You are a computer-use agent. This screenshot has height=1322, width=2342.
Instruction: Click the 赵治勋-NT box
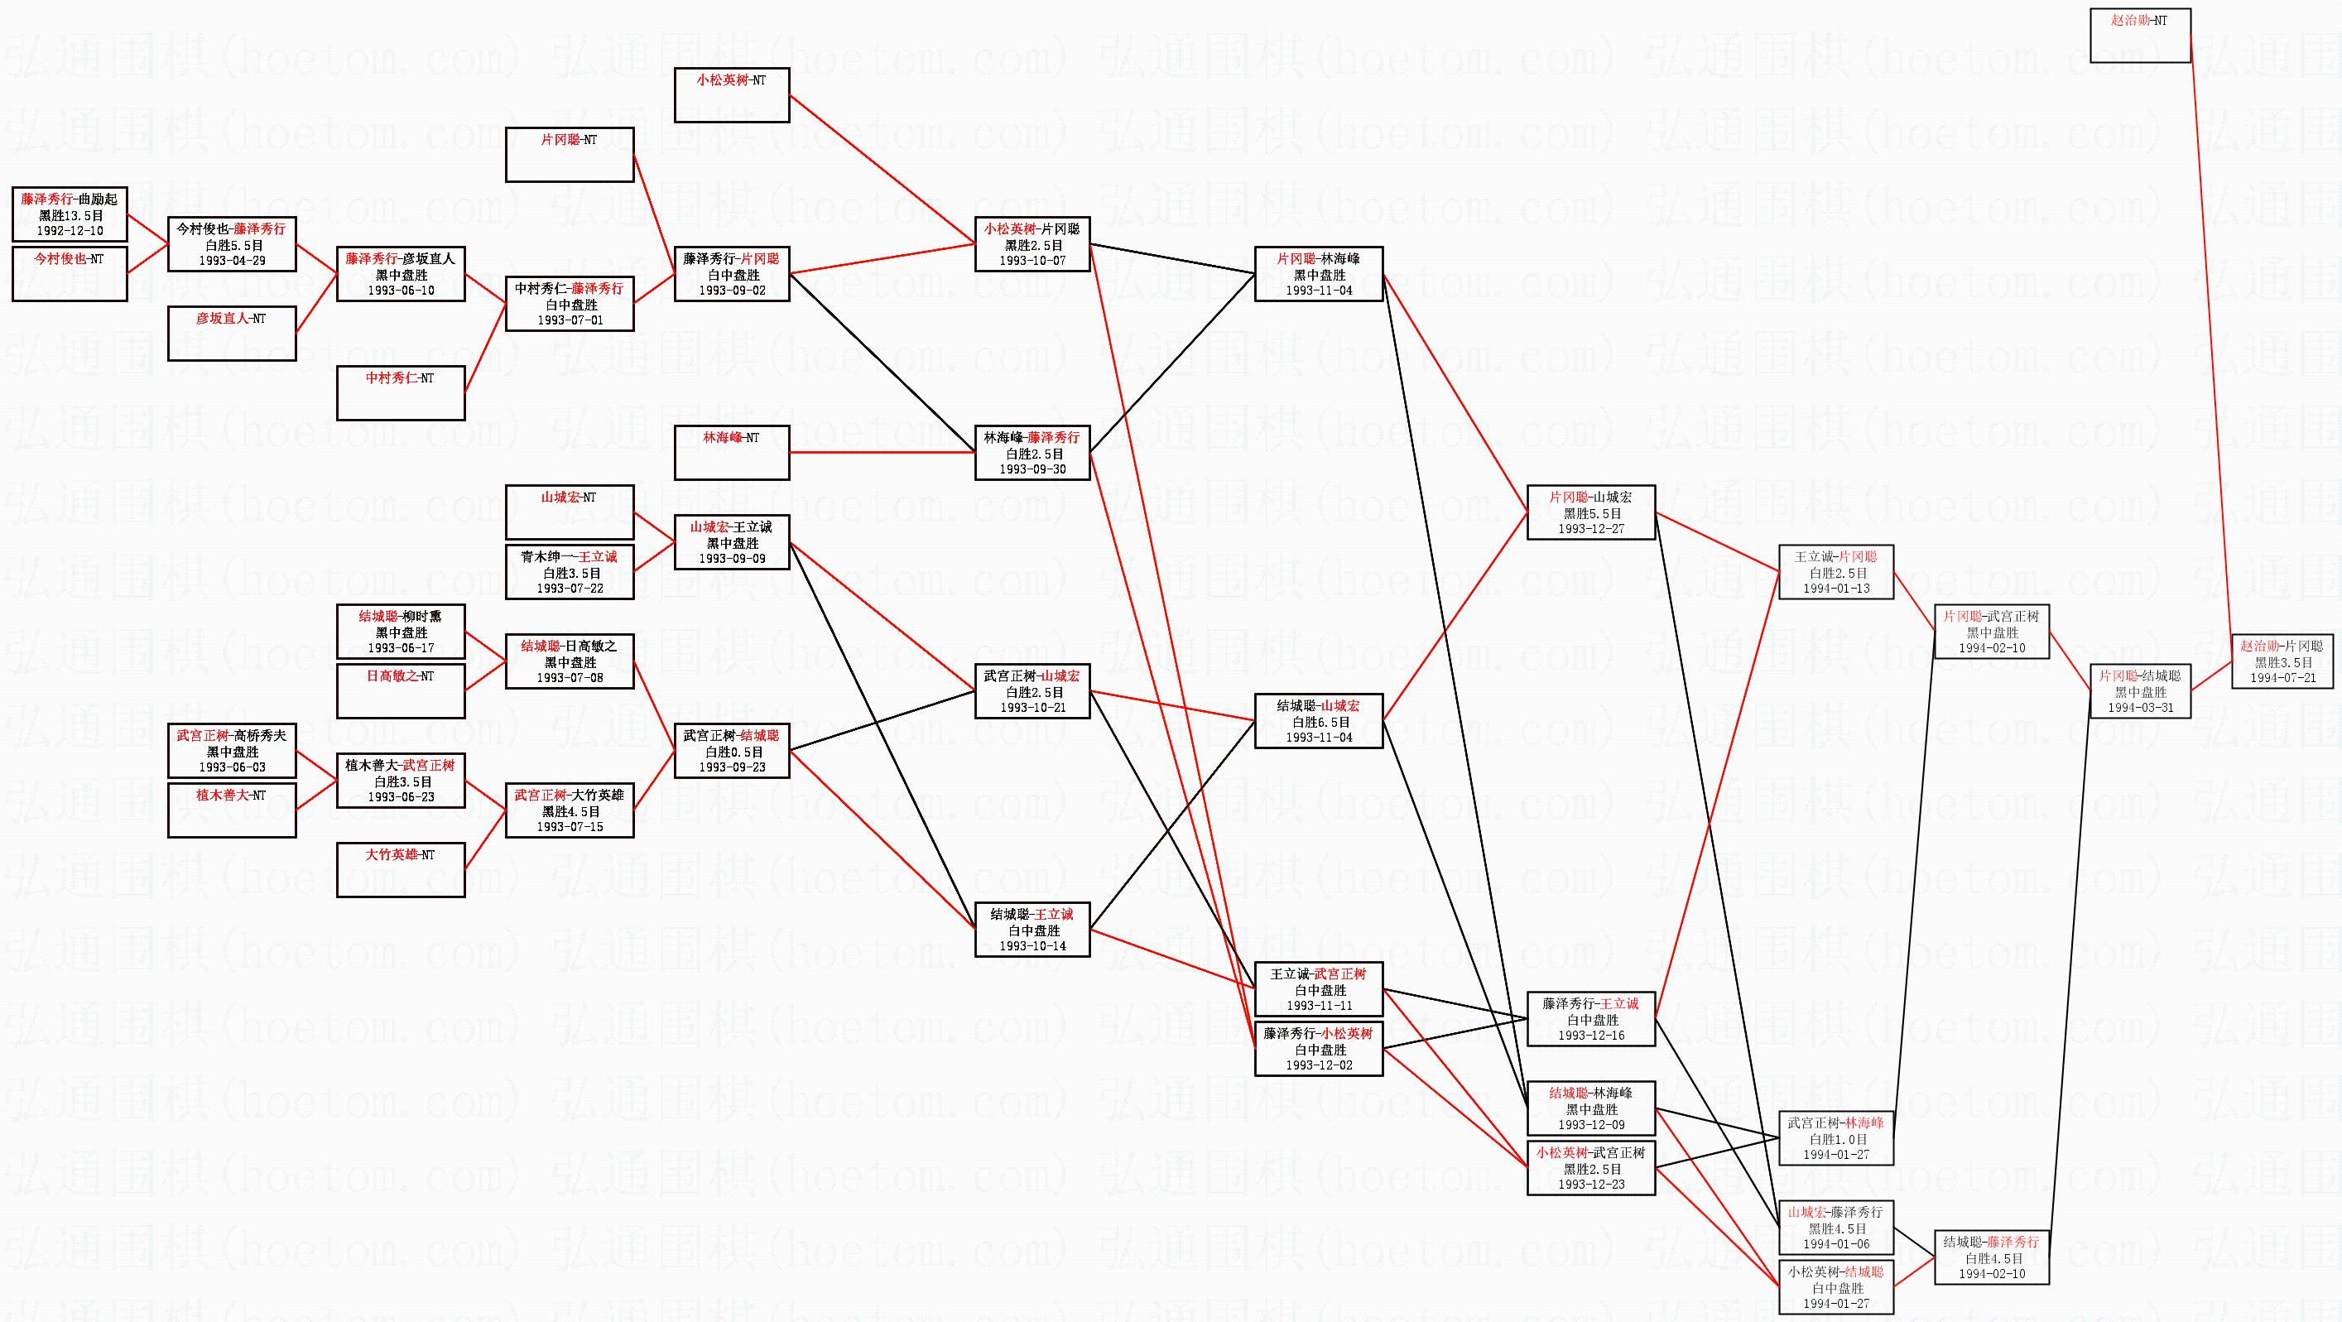tap(2139, 36)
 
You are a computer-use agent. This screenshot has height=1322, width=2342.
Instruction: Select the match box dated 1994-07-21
tap(2282, 662)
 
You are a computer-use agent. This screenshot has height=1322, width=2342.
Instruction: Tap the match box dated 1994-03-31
tap(2139, 691)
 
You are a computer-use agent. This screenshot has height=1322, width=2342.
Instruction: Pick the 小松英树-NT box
tap(731, 94)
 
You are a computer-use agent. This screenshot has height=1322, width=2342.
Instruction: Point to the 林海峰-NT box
tap(731, 452)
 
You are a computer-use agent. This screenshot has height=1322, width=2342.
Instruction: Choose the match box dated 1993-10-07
tap(1032, 244)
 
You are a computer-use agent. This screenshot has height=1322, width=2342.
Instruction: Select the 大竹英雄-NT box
tap(400, 870)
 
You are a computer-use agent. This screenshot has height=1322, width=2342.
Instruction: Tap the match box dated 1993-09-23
tap(731, 751)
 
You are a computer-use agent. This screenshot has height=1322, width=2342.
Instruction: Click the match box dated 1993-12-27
tap(1590, 512)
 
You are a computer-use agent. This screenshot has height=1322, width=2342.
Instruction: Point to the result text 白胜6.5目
tap(1318, 722)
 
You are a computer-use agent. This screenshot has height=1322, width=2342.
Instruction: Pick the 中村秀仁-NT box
tap(400, 392)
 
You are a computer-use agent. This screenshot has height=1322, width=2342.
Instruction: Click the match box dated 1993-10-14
tap(1032, 930)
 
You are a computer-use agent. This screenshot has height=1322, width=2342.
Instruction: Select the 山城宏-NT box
tap(569, 512)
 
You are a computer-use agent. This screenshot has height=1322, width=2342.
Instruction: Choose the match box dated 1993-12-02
tap(1318, 1049)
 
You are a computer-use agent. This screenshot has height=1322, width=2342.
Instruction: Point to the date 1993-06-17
tap(400, 648)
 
